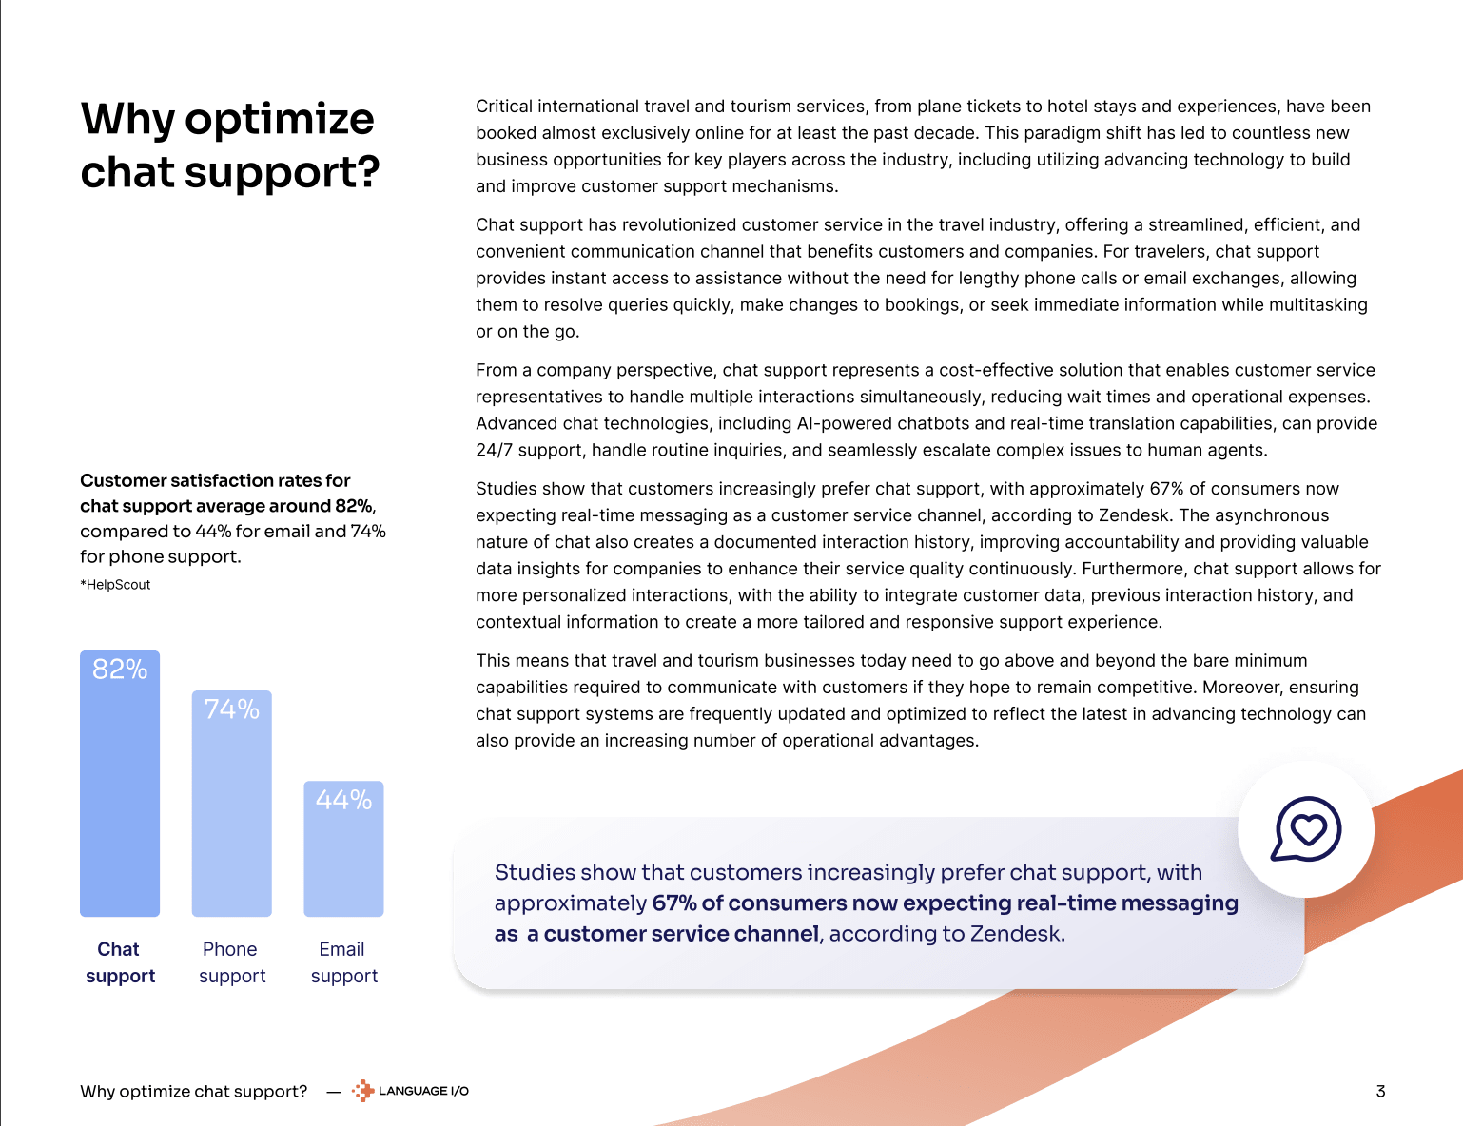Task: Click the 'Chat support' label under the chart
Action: coord(120,962)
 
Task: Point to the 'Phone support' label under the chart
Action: coord(231,962)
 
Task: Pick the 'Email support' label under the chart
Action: coord(343,962)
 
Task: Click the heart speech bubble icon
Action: coord(1306,829)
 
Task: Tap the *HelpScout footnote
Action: coord(115,585)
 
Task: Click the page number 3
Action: coord(1380,1091)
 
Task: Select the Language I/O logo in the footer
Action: coord(411,1091)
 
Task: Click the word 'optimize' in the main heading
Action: coord(279,120)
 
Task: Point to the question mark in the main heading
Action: coord(367,172)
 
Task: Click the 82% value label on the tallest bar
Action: coord(120,670)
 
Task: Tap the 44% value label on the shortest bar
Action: coord(343,800)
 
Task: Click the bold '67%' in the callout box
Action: coord(673,903)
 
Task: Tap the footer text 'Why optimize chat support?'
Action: coord(194,1091)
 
